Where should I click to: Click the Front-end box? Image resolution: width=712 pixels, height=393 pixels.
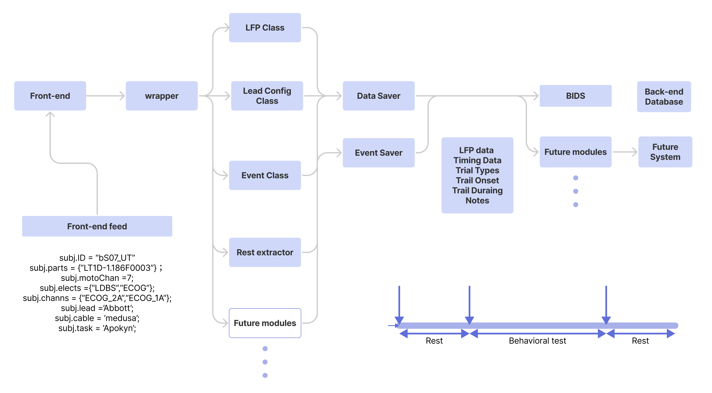50,96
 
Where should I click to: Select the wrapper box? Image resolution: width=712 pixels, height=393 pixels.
161,96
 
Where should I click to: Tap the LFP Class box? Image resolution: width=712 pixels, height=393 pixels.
265,28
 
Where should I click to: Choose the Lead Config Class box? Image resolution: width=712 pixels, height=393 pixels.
267,96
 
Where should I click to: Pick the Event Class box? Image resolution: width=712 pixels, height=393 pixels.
265,175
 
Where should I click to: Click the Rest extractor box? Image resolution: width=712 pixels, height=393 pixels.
265,252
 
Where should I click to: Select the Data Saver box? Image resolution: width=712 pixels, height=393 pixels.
378,96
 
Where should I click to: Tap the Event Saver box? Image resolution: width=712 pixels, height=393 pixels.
378,153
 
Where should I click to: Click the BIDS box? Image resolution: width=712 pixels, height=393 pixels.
575,96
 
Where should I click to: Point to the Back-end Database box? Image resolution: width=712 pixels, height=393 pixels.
664,97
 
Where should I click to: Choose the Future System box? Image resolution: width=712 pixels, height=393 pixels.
665,152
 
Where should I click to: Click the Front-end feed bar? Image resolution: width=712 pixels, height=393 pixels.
97,226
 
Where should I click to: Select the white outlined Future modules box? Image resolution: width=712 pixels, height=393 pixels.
265,323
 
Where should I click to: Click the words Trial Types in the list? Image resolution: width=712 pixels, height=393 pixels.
477,170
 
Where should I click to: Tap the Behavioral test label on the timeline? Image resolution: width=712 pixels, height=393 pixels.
537,341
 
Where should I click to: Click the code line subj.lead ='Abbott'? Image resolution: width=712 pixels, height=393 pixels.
97,308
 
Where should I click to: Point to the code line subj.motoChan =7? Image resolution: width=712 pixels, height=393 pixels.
97,278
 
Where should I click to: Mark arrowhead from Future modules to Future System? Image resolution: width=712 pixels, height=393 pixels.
635,152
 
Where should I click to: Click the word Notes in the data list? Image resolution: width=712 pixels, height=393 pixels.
477,200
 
